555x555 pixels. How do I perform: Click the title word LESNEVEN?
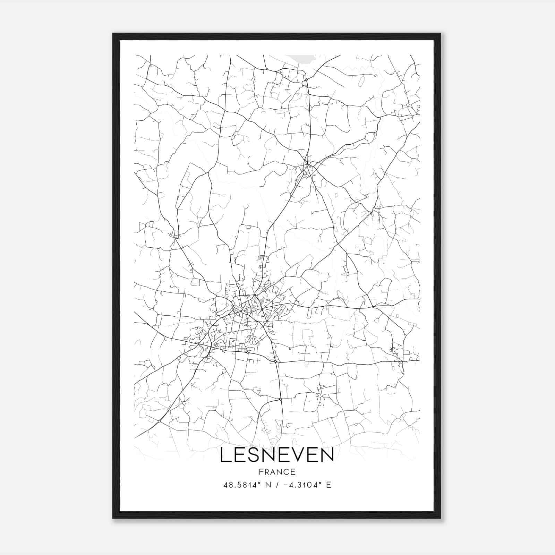(276, 455)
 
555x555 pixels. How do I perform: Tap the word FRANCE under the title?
(276, 472)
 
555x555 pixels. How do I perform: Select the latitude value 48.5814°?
(242, 485)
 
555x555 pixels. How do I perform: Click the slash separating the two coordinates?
(277, 485)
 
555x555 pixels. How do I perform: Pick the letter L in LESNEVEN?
(225, 455)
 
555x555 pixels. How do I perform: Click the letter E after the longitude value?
(328, 485)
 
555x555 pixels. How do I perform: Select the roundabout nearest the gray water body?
(306, 80)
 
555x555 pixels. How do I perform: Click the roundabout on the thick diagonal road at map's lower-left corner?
(159, 421)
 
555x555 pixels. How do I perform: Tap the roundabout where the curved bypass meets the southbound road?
(280, 399)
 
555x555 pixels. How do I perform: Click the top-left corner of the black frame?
(113, 34)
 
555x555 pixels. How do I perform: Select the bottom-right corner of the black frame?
(441, 518)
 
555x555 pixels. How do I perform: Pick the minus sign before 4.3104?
(285, 485)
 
